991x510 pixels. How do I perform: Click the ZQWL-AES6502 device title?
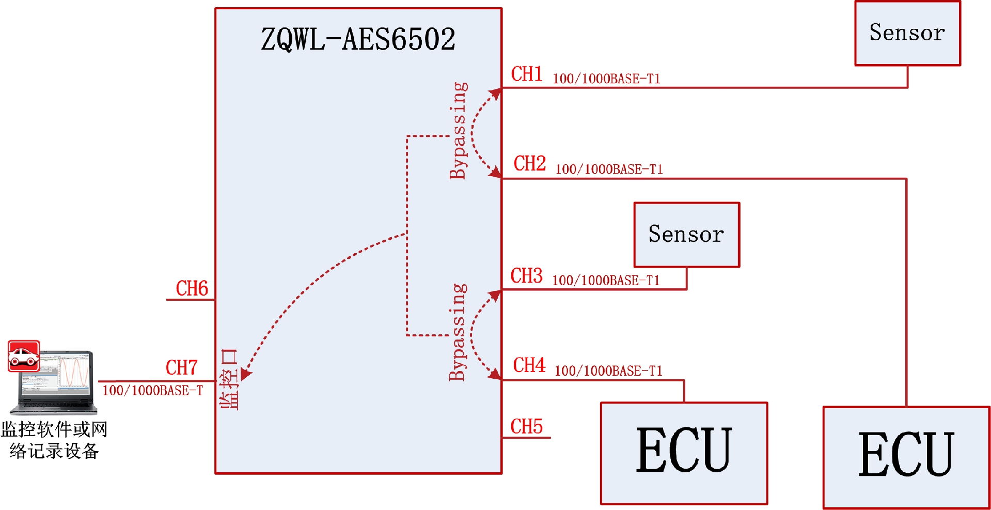tap(358, 39)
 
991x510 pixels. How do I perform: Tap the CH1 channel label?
tap(526, 74)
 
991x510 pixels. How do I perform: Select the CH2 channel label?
tap(529, 164)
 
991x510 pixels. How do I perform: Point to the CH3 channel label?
tap(526, 276)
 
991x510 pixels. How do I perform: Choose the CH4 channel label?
tap(529, 365)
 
